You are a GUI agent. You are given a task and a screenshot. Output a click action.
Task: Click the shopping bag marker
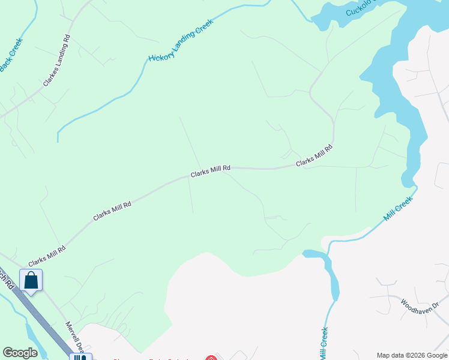coord(31,280)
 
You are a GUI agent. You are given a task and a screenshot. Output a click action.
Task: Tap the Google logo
coord(20,353)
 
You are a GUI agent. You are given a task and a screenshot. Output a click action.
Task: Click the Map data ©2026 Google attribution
coord(412,355)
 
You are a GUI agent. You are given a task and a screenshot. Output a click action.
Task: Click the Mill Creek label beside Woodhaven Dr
coord(325,343)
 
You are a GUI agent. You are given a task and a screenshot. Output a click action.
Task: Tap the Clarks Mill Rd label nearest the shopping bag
coord(47,256)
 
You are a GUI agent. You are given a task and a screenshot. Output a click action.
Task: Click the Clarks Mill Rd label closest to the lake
coord(314,155)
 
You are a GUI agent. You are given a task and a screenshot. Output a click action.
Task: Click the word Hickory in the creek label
coord(161,56)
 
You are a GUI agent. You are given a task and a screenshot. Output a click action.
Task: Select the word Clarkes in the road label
coord(51,73)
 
